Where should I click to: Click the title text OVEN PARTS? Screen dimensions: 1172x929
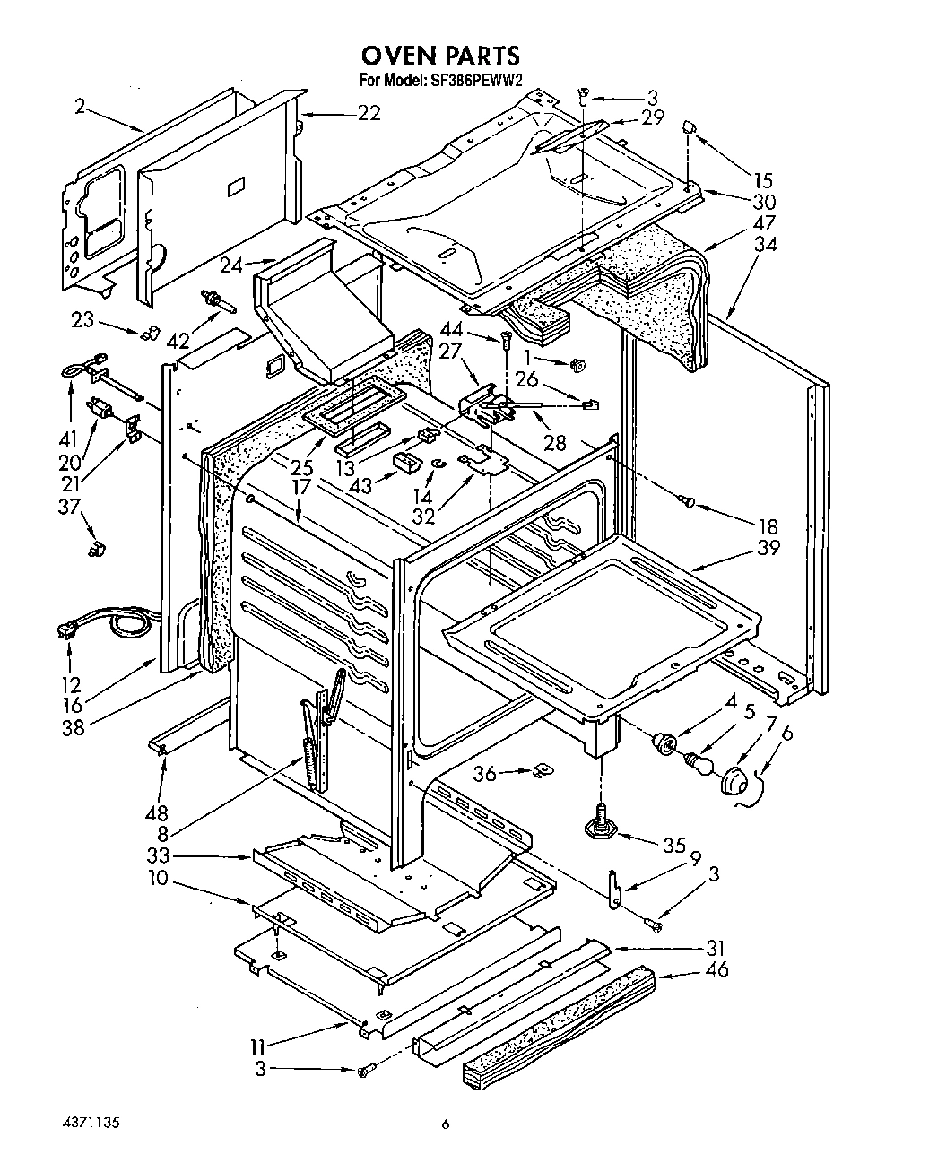point(440,56)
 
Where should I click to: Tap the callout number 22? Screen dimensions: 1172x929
point(369,113)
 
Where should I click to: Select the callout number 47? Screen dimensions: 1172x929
point(765,223)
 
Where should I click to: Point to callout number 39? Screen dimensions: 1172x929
point(768,548)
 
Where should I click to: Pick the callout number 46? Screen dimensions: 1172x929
point(716,969)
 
